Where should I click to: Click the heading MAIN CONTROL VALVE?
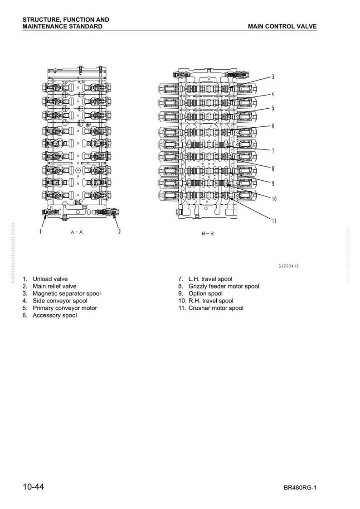tap(282, 27)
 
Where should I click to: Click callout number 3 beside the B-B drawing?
tap(273, 77)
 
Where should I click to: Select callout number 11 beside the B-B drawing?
tap(274, 221)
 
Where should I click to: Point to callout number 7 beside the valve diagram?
tap(273, 151)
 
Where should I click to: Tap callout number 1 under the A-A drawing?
tap(40, 231)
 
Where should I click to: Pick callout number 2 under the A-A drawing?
tap(119, 231)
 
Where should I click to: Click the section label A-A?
tap(77, 232)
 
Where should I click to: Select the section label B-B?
tap(208, 233)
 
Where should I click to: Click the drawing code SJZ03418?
tap(288, 266)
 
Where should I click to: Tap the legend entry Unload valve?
tap(50, 279)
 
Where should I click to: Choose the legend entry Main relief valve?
tap(54, 286)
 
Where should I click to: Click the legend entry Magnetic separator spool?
tap(67, 293)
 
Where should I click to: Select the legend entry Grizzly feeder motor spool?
tap(224, 286)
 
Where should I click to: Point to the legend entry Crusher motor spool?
tap(216, 308)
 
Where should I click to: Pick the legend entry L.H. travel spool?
tap(210, 279)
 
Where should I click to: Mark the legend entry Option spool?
tap(206, 293)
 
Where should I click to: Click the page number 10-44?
tap(33, 487)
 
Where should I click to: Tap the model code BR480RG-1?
tap(300, 488)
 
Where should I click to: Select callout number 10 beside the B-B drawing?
tap(274, 199)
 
